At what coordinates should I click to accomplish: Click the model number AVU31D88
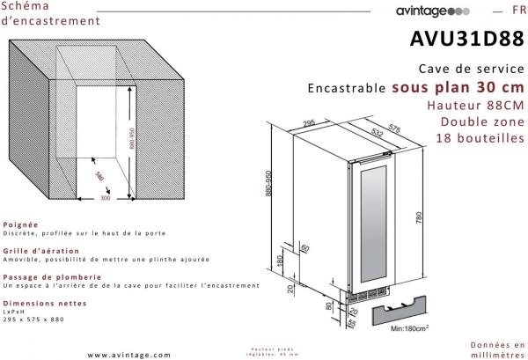coord(467,40)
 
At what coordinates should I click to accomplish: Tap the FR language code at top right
coord(516,11)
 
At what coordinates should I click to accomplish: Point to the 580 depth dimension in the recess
coord(100,176)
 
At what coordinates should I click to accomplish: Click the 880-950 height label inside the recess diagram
coord(131,144)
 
